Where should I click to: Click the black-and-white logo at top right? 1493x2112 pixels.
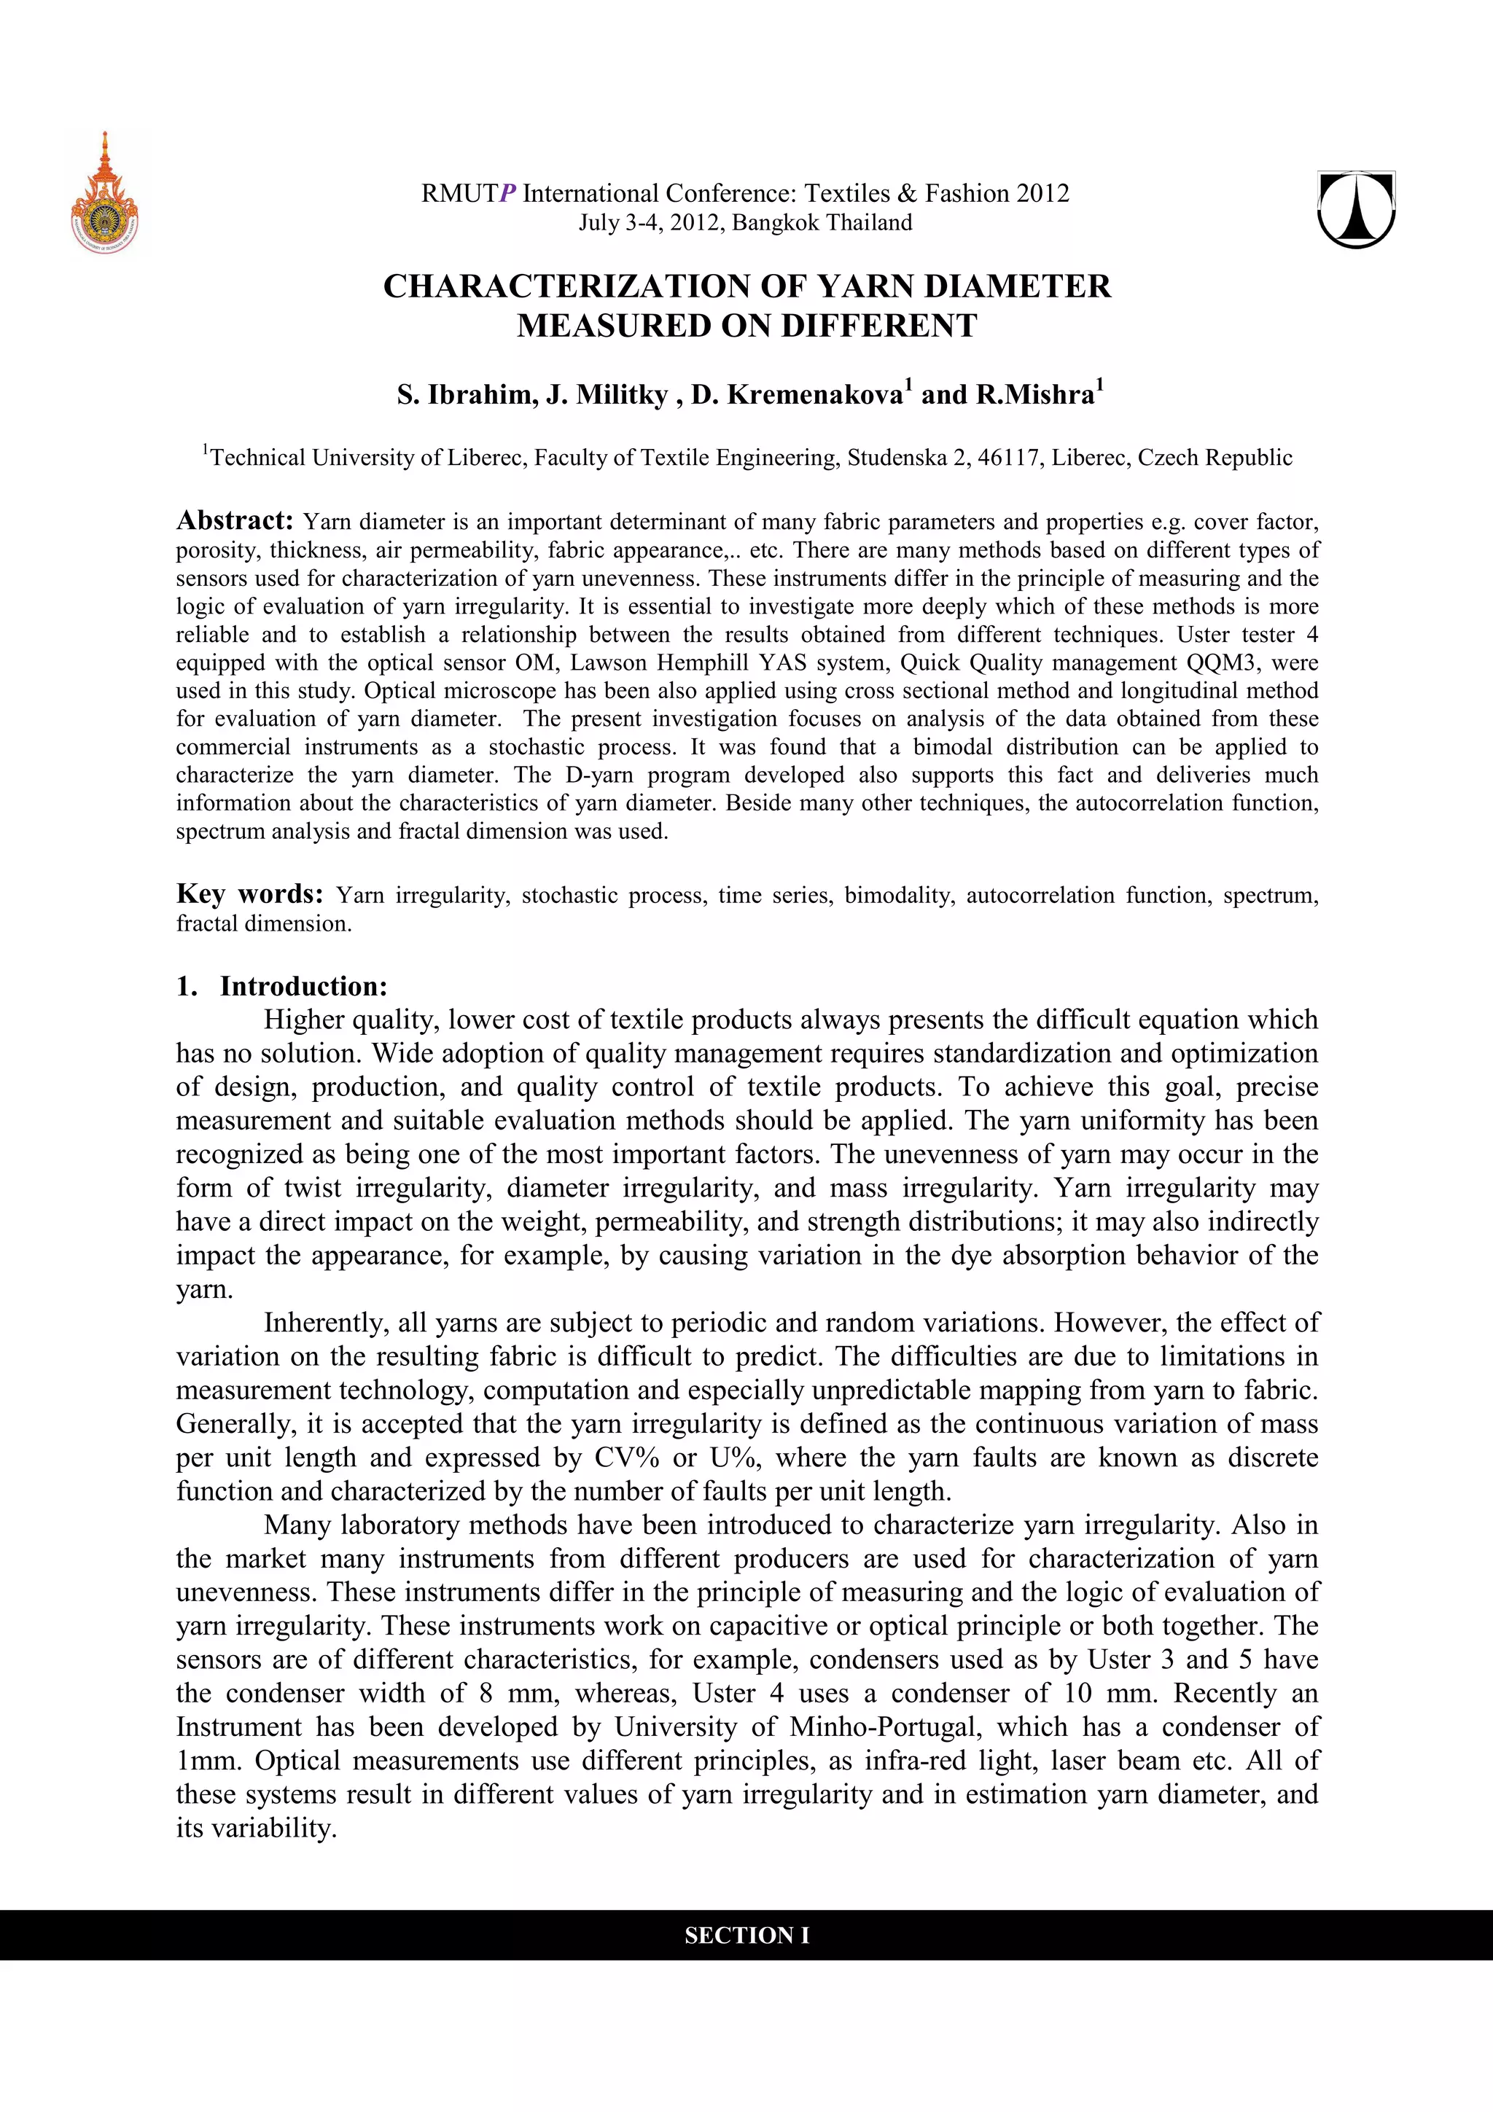tap(1356, 210)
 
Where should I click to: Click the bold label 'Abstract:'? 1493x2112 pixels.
tap(235, 520)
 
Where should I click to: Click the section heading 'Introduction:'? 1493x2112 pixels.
tap(303, 986)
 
